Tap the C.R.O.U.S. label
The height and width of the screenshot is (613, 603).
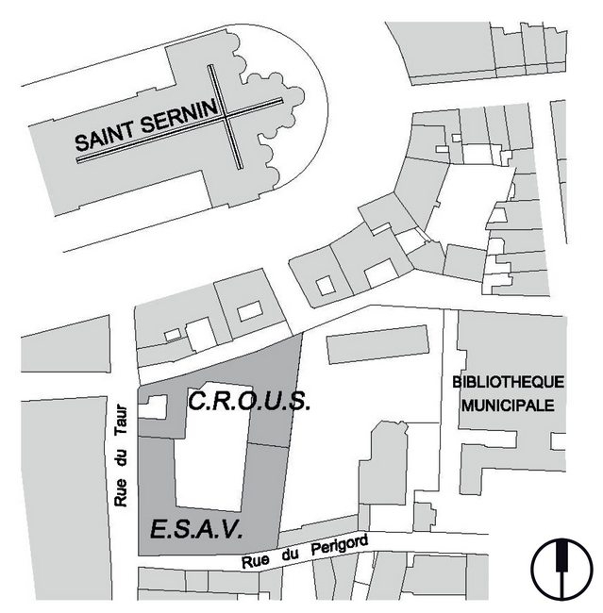coord(249,402)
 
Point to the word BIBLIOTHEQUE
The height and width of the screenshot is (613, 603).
coord(508,382)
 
